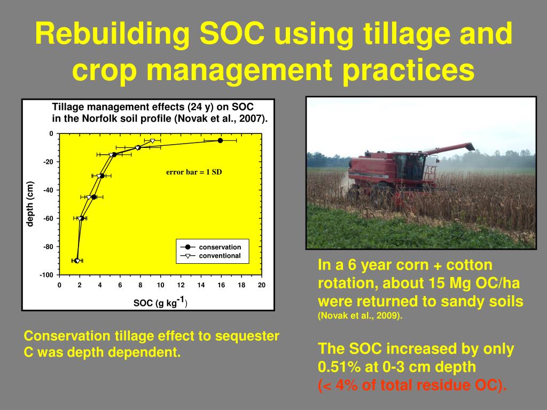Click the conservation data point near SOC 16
tap(220, 140)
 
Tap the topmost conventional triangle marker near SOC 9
tap(152, 141)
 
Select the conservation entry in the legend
tap(210, 247)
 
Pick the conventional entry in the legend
tap(210, 256)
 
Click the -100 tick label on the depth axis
tap(46, 275)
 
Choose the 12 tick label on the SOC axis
tap(181, 285)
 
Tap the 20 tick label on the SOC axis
tap(262, 285)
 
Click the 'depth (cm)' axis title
tap(30, 204)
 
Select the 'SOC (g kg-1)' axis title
tap(160, 302)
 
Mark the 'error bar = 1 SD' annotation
tap(194, 172)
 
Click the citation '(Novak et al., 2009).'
tap(360, 316)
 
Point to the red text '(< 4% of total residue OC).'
tap(412, 385)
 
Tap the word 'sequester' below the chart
tap(247, 336)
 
